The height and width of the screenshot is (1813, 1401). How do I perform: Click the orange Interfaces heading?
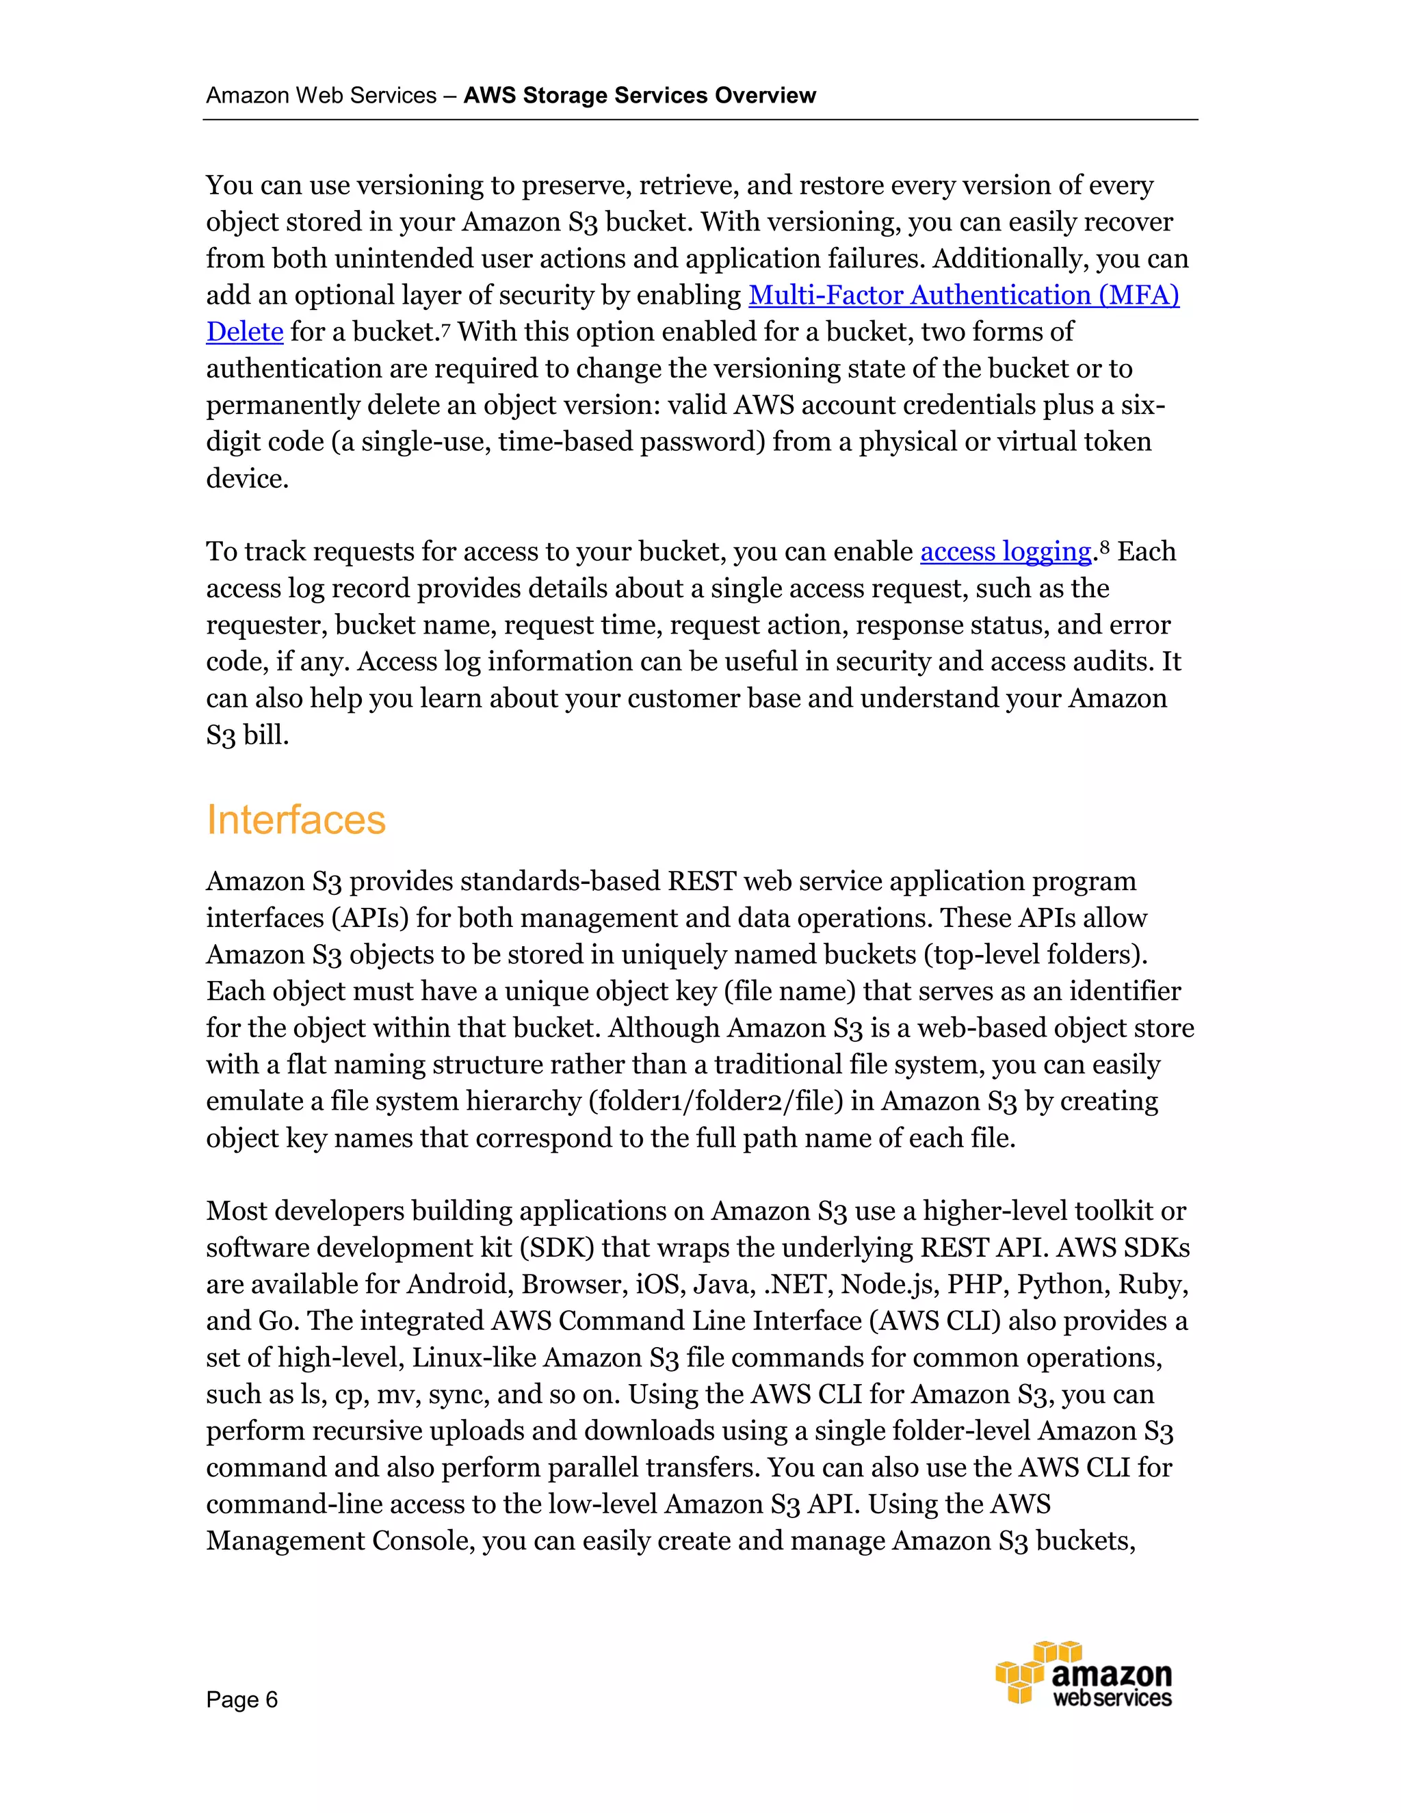coord(296,820)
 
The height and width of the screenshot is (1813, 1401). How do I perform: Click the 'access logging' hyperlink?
coord(1005,552)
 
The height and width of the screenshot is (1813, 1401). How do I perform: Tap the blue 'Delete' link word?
coord(245,332)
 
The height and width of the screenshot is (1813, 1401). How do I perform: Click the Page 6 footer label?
coord(241,1700)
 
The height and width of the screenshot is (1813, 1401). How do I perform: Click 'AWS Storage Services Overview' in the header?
coord(639,96)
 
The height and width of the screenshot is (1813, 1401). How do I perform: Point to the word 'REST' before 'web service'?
coord(701,882)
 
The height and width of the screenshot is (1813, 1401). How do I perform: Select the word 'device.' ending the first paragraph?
coord(248,479)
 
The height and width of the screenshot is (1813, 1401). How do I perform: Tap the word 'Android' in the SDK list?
coord(459,1285)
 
